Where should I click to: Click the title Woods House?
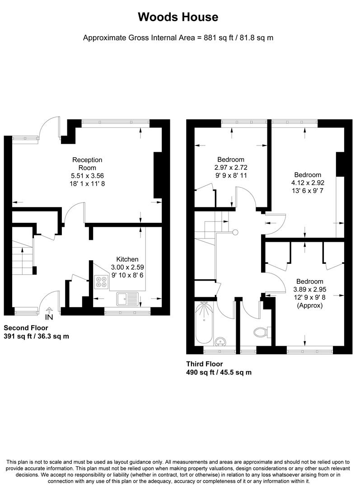178,17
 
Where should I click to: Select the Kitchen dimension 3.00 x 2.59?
127,267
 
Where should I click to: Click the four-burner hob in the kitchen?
101,282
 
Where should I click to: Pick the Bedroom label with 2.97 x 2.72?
231,160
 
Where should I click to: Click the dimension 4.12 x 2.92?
308,183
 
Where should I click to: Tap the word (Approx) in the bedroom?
309,305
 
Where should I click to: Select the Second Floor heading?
26,328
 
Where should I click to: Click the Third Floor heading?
205,364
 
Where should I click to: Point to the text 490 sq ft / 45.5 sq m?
219,372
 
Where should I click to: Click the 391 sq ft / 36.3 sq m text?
36,336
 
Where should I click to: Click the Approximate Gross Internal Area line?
178,38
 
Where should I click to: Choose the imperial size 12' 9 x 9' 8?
309,297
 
